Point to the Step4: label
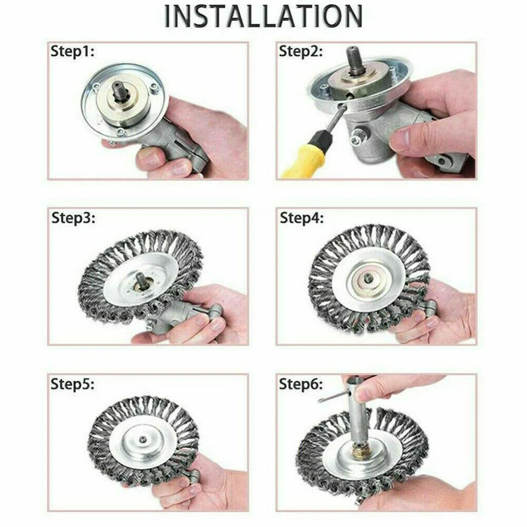302,218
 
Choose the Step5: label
73,384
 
